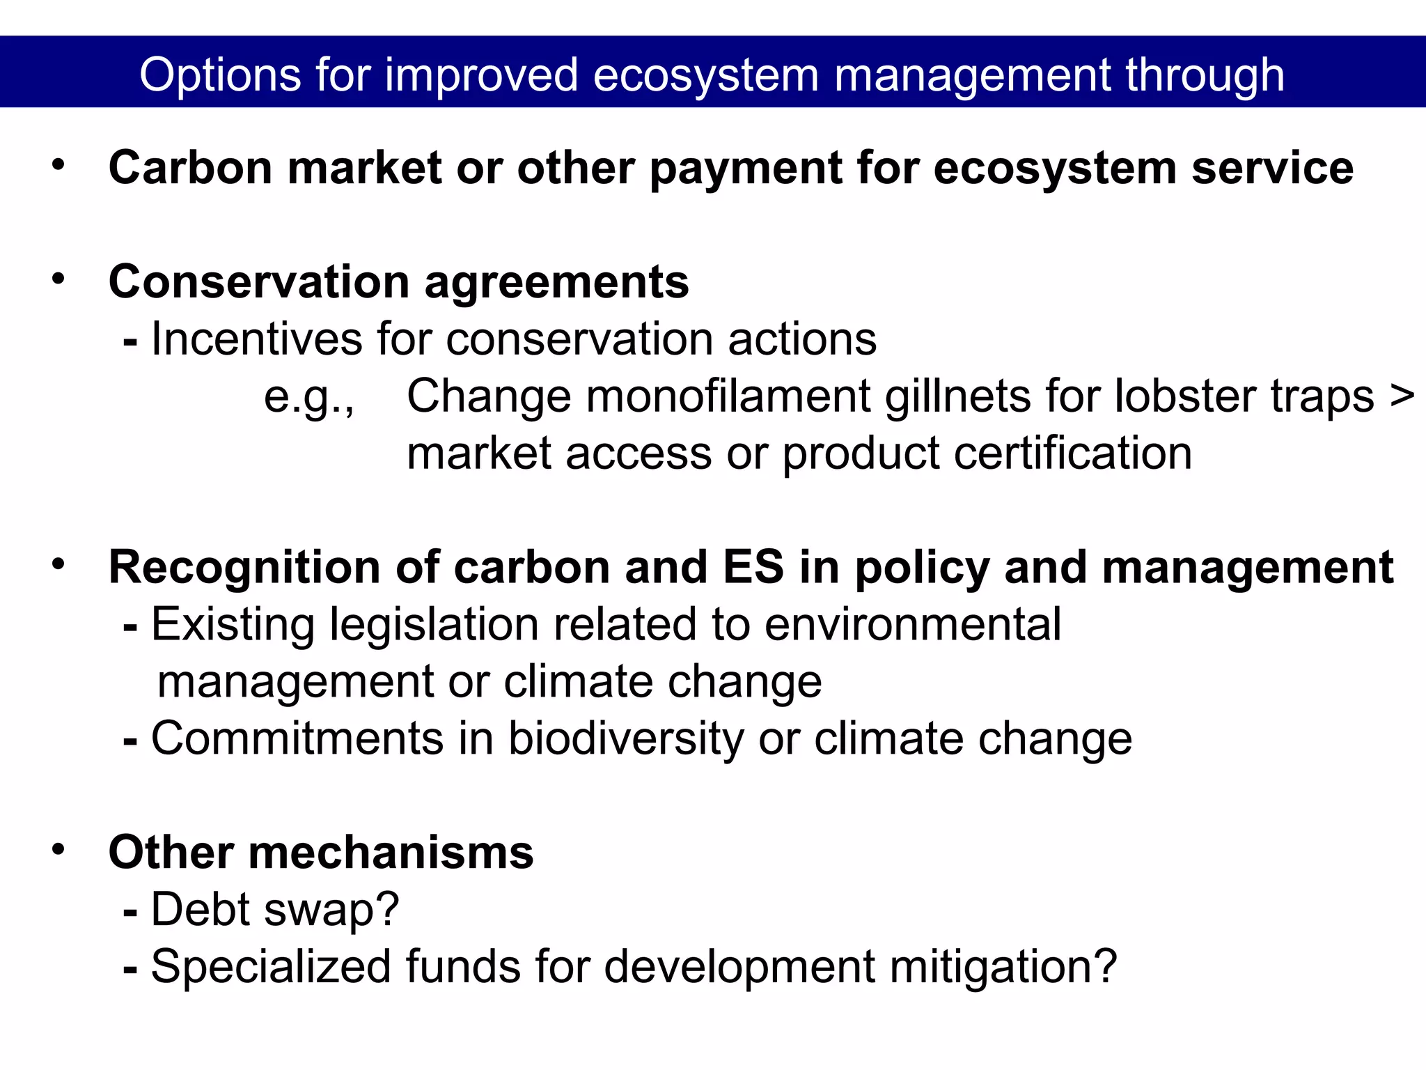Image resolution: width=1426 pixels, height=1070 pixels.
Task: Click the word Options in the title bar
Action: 220,75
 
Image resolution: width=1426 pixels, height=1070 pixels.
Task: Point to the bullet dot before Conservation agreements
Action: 58,279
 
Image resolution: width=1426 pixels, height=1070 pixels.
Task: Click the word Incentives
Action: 256,339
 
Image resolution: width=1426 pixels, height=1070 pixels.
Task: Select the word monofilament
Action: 728,396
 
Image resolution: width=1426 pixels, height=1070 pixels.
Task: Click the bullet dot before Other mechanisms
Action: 58,849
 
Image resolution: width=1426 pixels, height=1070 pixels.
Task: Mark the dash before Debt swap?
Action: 130,910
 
